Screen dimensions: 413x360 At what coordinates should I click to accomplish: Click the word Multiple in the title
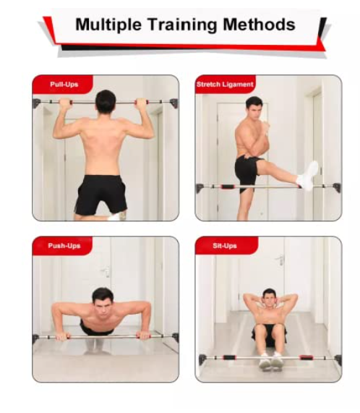pyautogui.click(x=106, y=25)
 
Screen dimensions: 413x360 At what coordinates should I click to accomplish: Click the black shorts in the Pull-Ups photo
pyautogui.click(x=101, y=192)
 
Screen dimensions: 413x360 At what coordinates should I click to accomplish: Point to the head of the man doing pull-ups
pyautogui.click(x=106, y=101)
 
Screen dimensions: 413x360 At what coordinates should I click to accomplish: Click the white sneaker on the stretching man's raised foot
pyautogui.click(x=309, y=176)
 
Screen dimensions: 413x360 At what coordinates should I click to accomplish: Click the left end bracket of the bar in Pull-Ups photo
pyautogui.click(x=37, y=103)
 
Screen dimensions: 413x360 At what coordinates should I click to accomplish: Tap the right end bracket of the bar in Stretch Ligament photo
pyautogui.click(x=336, y=187)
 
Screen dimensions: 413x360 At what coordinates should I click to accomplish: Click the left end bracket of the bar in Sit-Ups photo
pyautogui.click(x=202, y=359)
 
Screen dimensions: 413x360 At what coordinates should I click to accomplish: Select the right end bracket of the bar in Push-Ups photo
pyautogui.click(x=174, y=337)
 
